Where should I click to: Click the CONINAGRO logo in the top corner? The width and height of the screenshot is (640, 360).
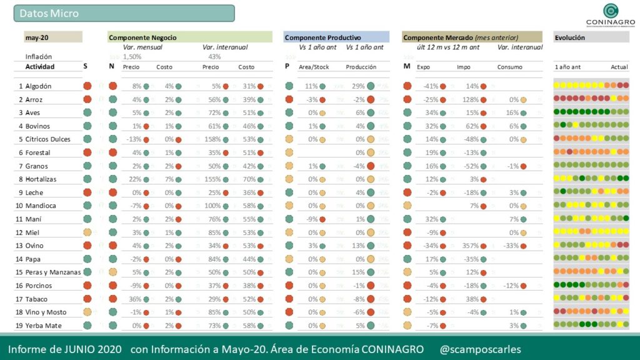(x=611, y=15)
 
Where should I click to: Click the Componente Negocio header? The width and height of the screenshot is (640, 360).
(x=142, y=37)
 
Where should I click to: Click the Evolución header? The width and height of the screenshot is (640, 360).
(x=570, y=37)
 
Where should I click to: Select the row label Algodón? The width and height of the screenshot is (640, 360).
(x=39, y=86)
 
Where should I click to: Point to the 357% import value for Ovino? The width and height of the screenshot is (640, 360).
(x=470, y=246)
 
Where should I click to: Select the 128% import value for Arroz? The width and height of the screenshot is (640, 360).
(x=470, y=99)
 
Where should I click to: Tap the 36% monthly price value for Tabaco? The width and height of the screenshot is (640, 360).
(x=135, y=299)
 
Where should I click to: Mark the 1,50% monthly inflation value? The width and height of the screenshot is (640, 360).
(x=132, y=57)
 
